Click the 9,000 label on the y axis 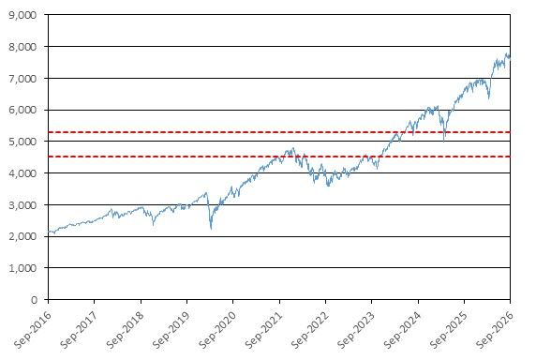(x=22, y=15)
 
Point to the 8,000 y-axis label (x=22, y=47)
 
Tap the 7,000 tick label (x=22, y=79)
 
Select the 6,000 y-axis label (x=22, y=110)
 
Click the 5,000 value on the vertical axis (x=22, y=142)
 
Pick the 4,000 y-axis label (x=22, y=173)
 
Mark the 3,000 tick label (x=22, y=205)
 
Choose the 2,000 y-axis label (x=22, y=236)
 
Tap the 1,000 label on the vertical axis (x=22, y=268)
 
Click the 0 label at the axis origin (x=34, y=300)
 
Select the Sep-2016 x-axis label (x=33, y=330)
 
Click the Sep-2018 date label (x=126, y=330)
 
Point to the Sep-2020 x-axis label (x=217, y=330)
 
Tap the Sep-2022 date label (x=310, y=330)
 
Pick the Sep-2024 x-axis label (x=402, y=330)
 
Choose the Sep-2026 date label (x=495, y=330)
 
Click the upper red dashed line (x=279, y=132)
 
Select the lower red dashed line (x=279, y=157)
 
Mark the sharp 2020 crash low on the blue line (x=211, y=229)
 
